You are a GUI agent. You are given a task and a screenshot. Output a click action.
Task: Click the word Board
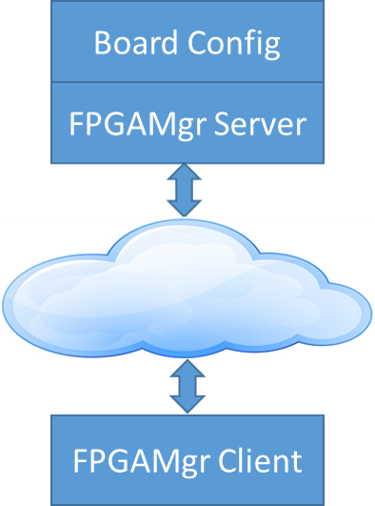tap(136, 42)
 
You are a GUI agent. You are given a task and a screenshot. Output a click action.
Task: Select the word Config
tap(234, 45)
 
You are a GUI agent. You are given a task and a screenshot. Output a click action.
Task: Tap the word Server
tap(260, 124)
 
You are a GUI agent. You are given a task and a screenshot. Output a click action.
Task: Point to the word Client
tap(260, 460)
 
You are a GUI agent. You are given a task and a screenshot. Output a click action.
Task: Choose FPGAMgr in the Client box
tap(142, 462)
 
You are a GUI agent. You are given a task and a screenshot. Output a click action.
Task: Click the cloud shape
tap(187, 289)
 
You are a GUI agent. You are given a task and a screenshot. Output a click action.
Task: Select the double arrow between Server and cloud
tap(184, 190)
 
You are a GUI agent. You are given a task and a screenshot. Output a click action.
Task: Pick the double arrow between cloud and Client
tap(187, 386)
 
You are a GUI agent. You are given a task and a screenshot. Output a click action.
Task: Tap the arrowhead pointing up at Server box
tap(184, 171)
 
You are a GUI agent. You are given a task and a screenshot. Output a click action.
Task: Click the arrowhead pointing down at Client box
tap(187, 405)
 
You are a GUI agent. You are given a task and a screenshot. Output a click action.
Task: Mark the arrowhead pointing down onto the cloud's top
tap(184, 209)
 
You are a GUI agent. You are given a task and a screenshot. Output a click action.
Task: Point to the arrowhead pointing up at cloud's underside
tap(187, 368)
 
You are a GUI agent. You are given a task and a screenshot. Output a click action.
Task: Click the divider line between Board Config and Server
tap(187, 82)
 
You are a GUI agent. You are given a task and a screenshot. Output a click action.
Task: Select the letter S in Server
tap(222, 124)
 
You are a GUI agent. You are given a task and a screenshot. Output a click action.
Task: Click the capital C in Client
tap(227, 460)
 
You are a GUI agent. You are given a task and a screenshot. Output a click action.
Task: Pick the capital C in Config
tap(197, 42)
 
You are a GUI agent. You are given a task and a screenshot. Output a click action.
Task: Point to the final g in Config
tap(272, 48)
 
